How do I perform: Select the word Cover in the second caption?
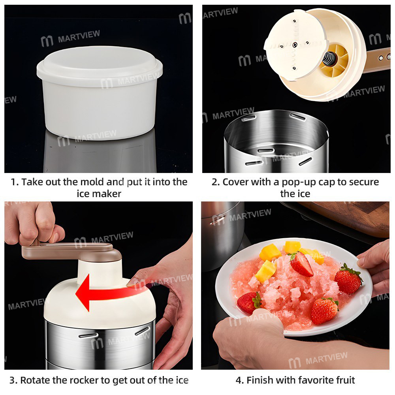click(236, 182)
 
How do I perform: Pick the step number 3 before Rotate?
click(13, 380)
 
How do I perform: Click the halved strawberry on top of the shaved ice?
click(301, 264)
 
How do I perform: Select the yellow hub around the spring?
click(336, 59)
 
